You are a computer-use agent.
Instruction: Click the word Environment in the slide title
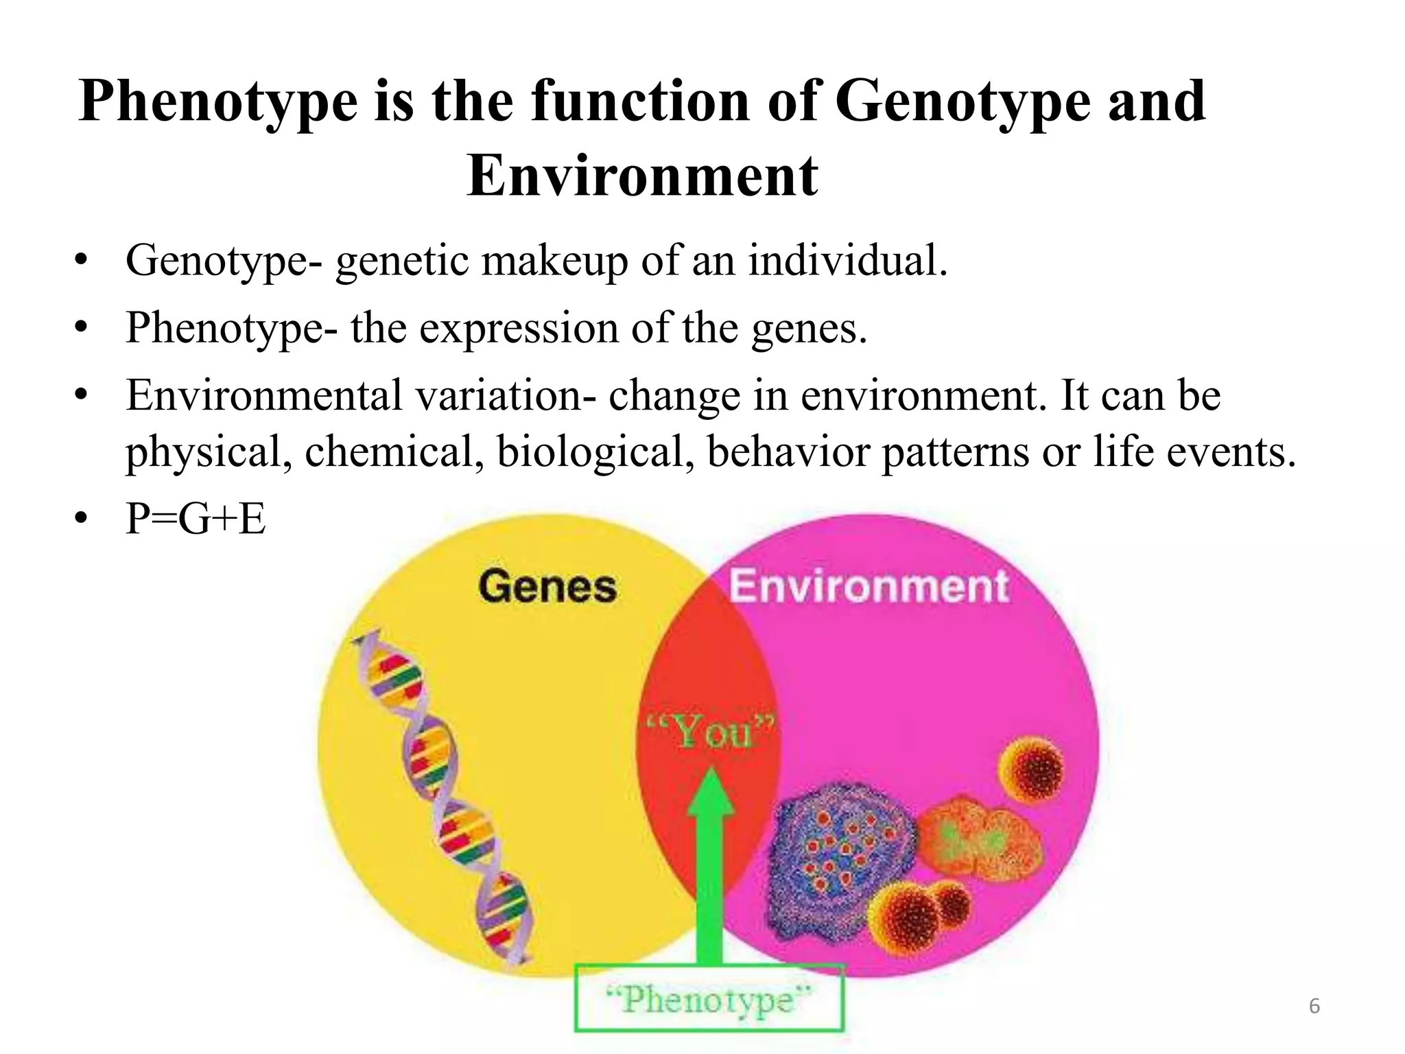tap(642, 176)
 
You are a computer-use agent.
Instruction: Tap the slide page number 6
tap(1314, 1006)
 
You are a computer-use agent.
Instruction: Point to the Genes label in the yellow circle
tap(547, 587)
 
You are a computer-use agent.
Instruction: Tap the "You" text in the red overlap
tap(711, 732)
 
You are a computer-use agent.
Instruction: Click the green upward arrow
tap(710, 865)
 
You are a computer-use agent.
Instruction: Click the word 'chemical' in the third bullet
tap(394, 452)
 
